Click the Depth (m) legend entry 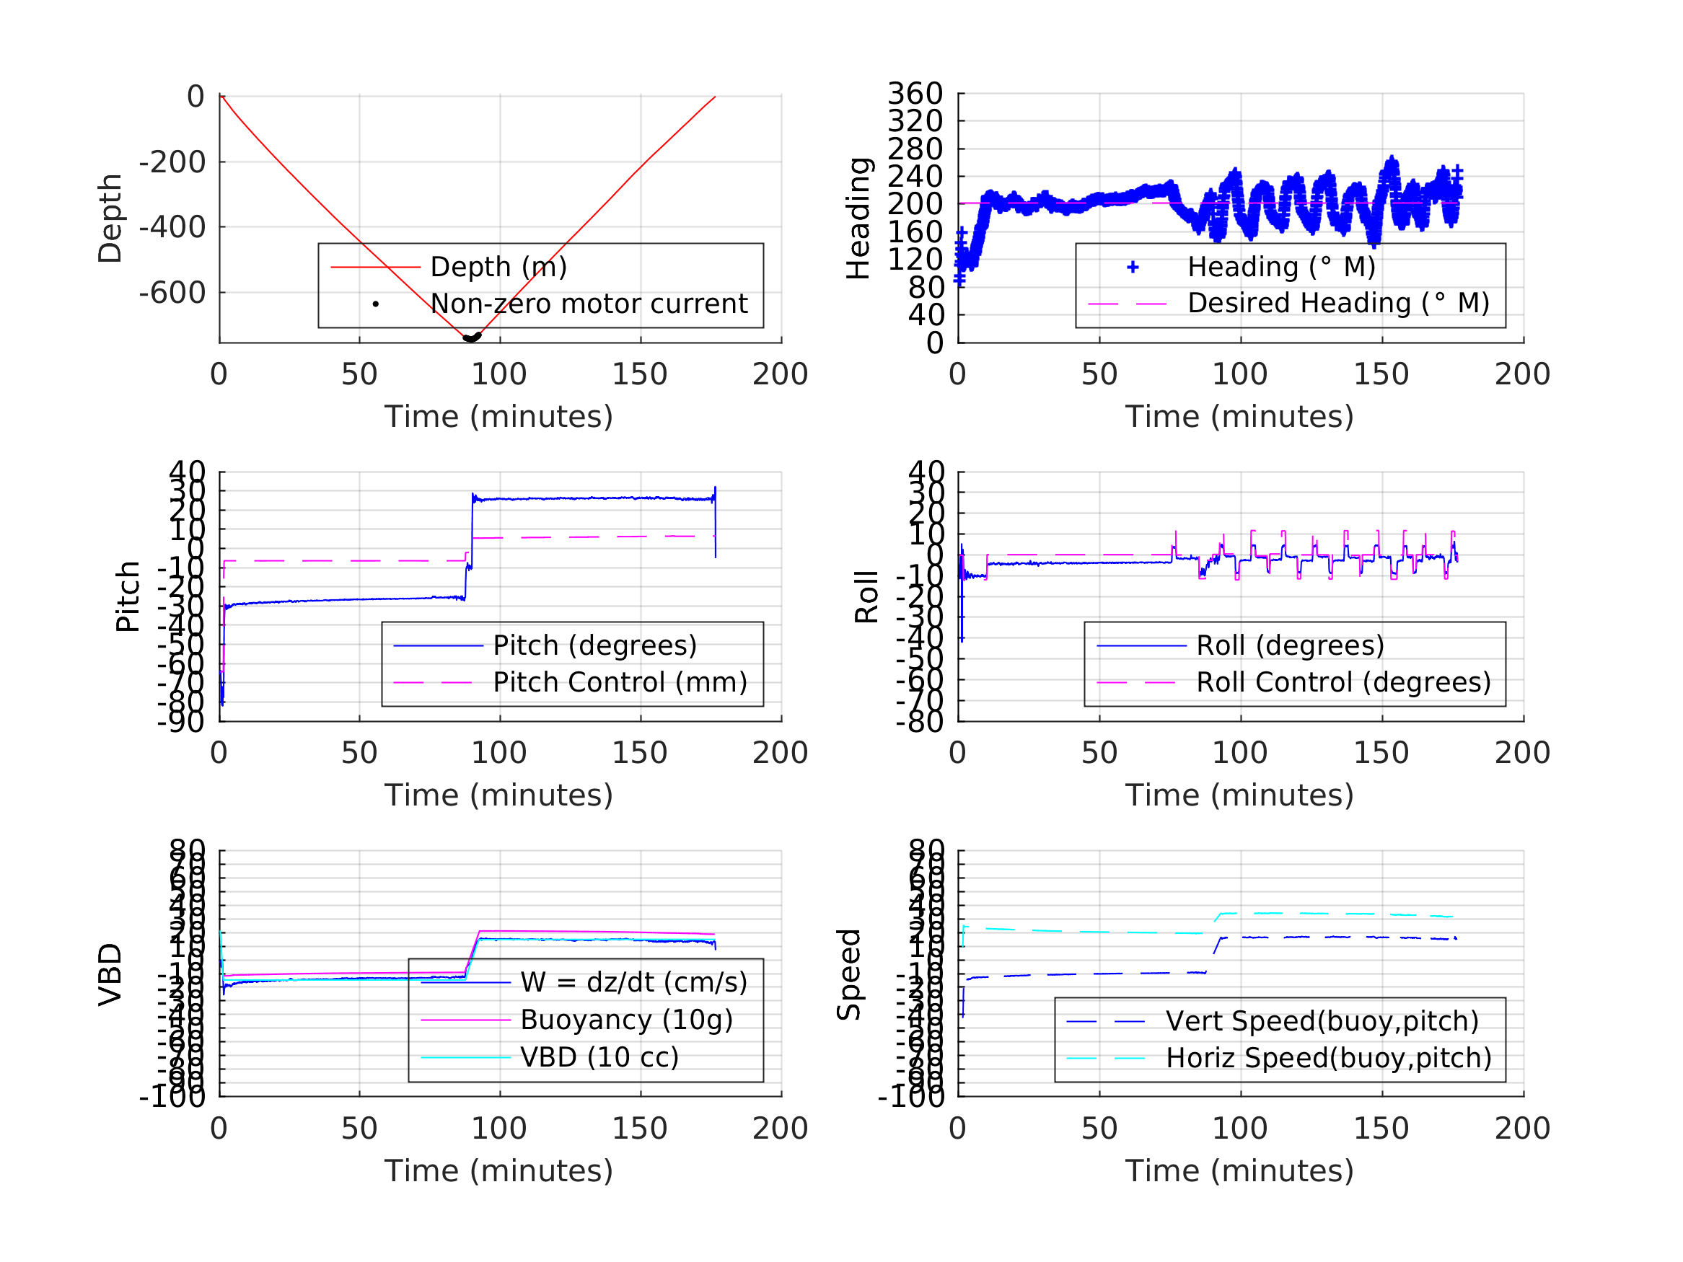pyautogui.click(x=498, y=267)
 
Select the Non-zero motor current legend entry pyautogui.click(x=588, y=304)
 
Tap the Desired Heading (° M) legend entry pyautogui.click(x=1337, y=303)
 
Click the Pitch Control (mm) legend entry pyautogui.click(x=620, y=682)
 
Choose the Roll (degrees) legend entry pyautogui.click(x=1290, y=645)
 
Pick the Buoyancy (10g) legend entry pyautogui.click(x=625, y=1020)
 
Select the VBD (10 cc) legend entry pyautogui.click(x=599, y=1056)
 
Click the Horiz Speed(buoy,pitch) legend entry pyautogui.click(x=1327, y=1057)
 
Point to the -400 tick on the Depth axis pyautogui.click(x=172, y=226)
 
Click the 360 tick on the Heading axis pyautogui.click(x=915, y=94)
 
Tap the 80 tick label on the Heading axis pyautogui.click(x=926, y=287)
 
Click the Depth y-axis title pyautogui.click(x=110, y=219)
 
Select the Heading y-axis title pyautogui.click(x=858, y=219)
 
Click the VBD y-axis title pyautogui.click(x=110, y=974)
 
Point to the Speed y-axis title pyautogui.click(x=848, y=974)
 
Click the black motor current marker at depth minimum pyautogui.click(x=472, y=337)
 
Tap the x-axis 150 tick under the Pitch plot pyautogui.click(x=640, y=752)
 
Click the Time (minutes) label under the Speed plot pyautogui.click(x=1239, y=1170)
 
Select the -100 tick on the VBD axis pyautogui.click(x=172, y=1096)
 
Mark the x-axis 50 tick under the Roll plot pyautogui.click(x=1099, y=752)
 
